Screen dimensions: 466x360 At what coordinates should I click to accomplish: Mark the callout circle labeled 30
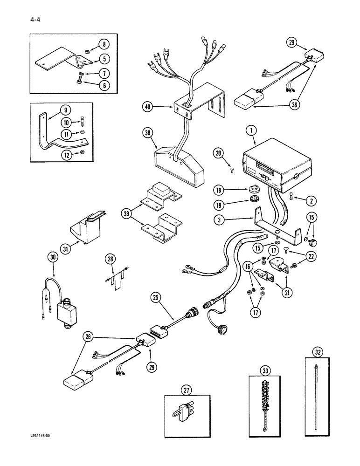(52, 256)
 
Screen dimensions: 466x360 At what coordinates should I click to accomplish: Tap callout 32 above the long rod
(318, 352)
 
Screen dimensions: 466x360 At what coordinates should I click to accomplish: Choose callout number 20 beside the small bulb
(218, 152)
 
